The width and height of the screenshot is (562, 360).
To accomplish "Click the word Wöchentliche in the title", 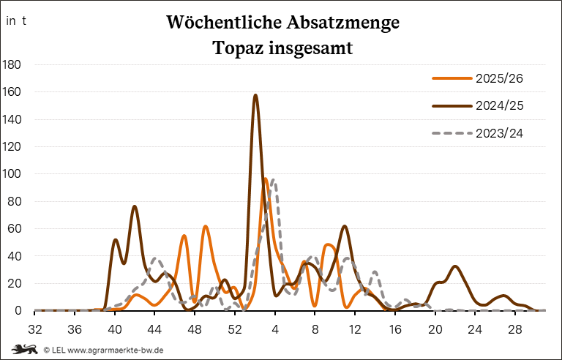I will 214,23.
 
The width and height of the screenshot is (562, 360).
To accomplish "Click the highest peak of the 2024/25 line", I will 255,95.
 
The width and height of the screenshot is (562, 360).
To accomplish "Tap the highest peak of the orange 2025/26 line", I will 265,179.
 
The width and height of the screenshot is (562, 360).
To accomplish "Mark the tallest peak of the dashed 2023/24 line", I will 273,179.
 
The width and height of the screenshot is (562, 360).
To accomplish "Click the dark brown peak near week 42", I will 135,206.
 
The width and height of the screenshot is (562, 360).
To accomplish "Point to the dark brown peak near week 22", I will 455,266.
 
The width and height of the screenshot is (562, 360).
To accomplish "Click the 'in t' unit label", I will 16,20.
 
